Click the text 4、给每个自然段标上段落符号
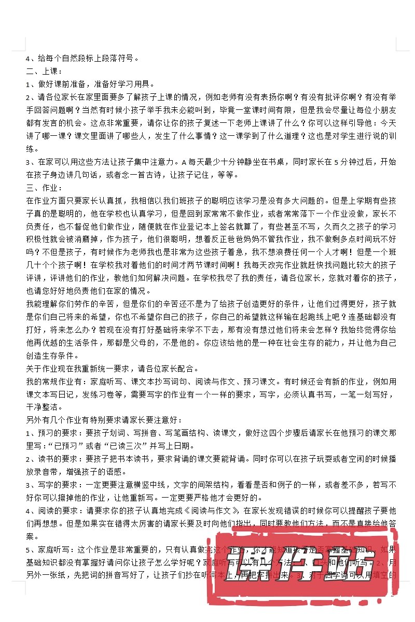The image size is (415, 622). pos(83,58)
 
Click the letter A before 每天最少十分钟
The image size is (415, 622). pos(184,162)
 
